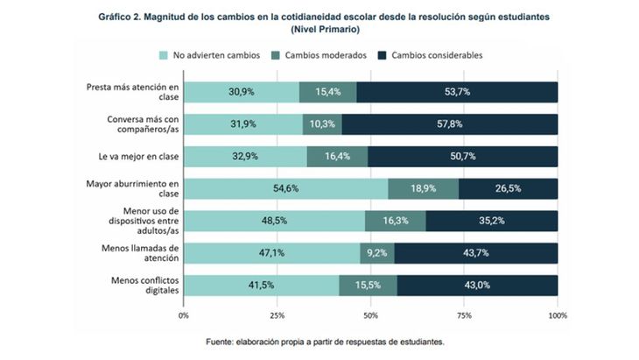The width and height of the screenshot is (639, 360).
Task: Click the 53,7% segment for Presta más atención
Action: [x=457, y=92]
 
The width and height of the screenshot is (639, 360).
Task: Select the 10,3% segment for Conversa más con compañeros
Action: [x=322, y=124]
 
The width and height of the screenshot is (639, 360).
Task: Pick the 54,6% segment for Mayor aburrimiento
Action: [x=286, y=189]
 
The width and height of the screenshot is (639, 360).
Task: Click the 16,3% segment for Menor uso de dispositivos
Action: [x=396, y=222]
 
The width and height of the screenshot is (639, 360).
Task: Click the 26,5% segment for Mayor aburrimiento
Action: [x=508, y=189]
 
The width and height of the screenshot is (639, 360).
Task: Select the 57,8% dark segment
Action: [x=450, y=124]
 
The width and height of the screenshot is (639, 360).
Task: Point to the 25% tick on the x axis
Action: [x=277, y=313]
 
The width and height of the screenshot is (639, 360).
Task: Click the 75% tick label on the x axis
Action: [x=464, y=313]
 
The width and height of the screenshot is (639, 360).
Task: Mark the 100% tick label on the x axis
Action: [x=557, y=313]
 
